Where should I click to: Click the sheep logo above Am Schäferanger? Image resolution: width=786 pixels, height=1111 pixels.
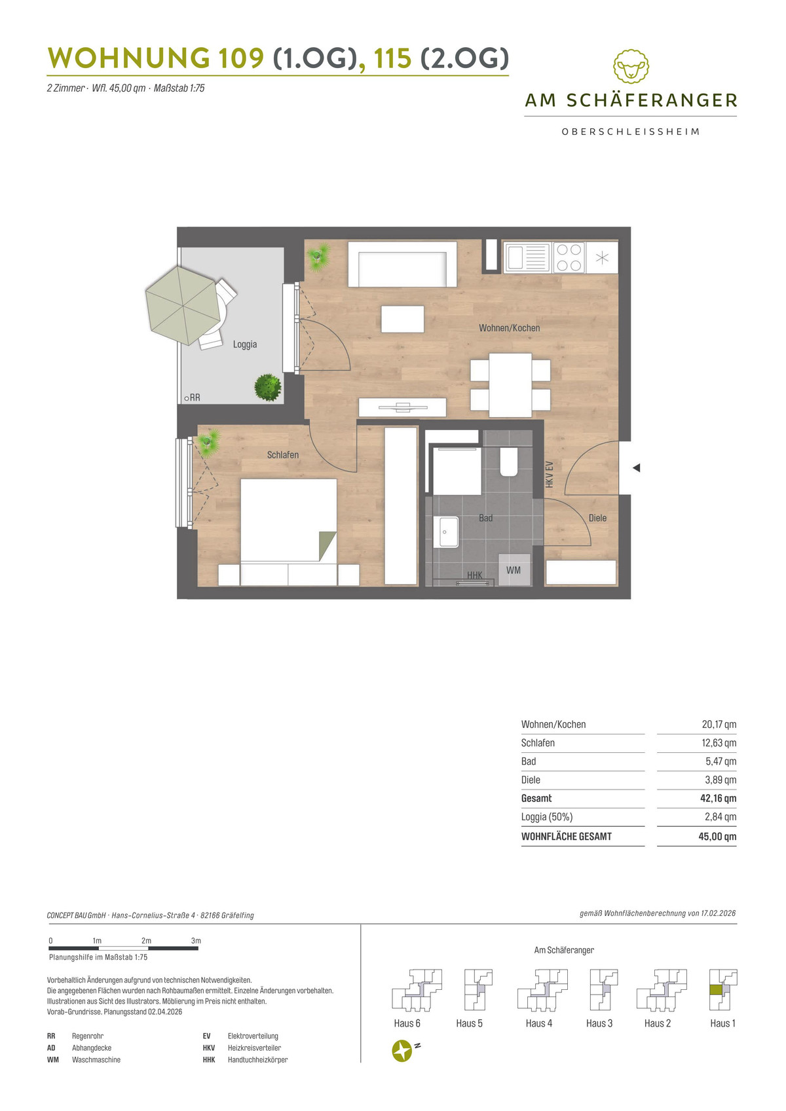coord(631,66)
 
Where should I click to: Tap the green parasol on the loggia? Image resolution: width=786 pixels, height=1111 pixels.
coord(183,305)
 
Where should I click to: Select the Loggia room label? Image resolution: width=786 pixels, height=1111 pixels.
coord(245,344)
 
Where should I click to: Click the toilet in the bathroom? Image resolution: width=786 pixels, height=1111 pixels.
coord(509,462)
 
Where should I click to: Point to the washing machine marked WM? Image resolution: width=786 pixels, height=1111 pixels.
coord(514,570)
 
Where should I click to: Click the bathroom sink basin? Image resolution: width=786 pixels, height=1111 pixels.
coord(445,532)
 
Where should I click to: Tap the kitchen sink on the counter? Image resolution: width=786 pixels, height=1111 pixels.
coord(527,257)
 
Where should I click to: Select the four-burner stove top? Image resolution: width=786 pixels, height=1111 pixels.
coord(569,257)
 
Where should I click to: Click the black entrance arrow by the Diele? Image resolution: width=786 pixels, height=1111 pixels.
coord(636,467)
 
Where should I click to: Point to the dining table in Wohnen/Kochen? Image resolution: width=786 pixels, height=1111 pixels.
coord(510,384)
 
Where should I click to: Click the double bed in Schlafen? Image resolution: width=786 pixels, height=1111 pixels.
coord(288,532)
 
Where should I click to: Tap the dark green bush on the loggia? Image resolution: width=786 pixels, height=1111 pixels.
coord(268,388)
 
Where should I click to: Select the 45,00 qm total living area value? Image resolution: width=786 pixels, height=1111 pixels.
coord(717,836)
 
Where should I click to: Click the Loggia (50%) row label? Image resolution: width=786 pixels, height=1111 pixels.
coord(547,817)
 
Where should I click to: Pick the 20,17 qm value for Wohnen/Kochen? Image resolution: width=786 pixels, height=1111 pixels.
coord(719,724)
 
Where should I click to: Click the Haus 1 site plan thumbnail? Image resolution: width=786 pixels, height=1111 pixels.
coord(723,989)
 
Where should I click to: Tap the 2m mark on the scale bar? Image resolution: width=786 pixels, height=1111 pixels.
coord(146,941)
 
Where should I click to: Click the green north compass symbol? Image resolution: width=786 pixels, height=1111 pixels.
coord(402,1051)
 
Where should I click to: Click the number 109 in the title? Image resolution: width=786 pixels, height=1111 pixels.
coord(241,58)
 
